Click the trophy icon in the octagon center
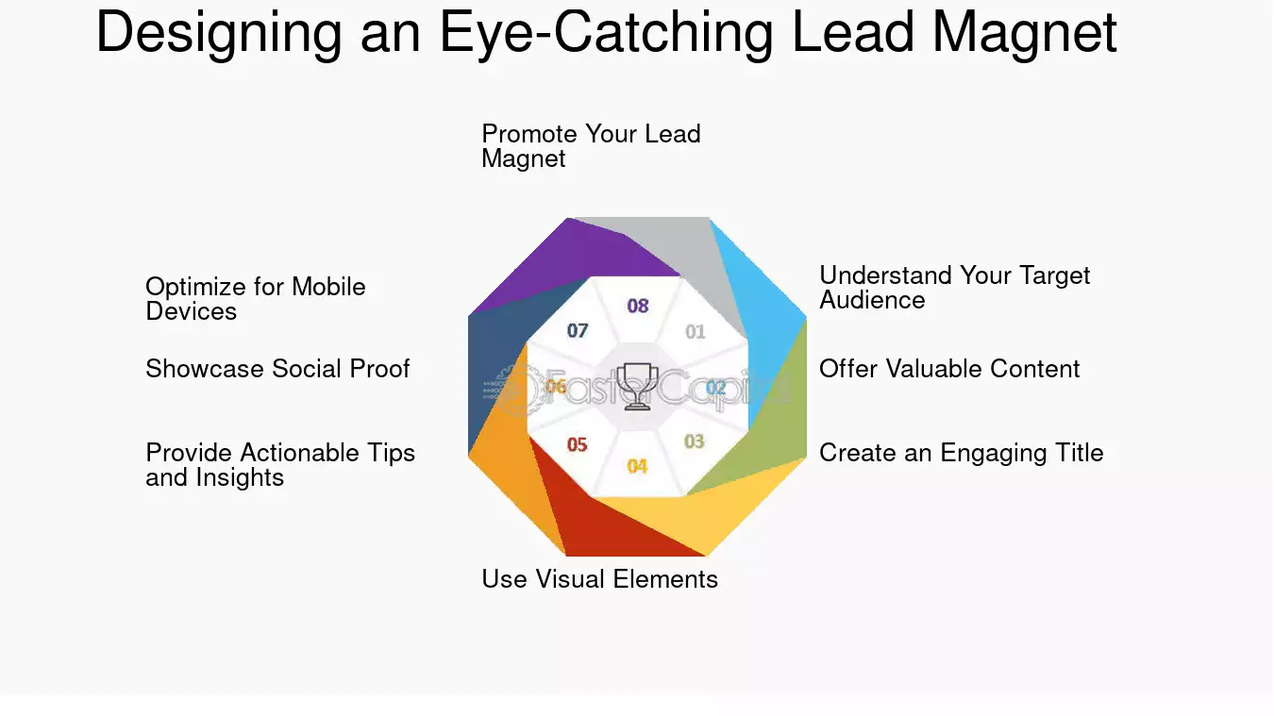tap(637, 387)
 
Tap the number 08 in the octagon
tap(638, 306)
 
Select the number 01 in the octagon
tap(695, 331)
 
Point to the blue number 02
tap(715, 388)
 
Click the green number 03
tap(694, 441)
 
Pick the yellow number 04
tap(637, 466)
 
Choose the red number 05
tap(577, 444)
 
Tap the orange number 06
tap(556, 387)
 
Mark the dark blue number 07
tap(578, 330)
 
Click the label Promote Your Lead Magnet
tap(591, 146)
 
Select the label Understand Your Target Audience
tap(954, 288)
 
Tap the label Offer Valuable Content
tap(949, 369)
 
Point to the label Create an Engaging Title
tap(962, 453)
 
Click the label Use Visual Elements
tap(599, 579)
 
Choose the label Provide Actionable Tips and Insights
tap(280, 465)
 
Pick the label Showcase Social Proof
tap(277, 369)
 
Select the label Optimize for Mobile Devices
tap(256, 299)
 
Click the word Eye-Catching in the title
tap(607, 33)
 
